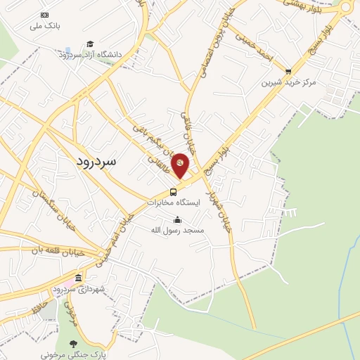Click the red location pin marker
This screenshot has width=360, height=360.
pyautogui.click(x=181, y=165)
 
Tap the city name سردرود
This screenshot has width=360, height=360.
pyautogui.click(x=105, y=160)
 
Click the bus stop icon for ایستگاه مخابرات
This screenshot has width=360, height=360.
pyautogui.click(x=173, y=192)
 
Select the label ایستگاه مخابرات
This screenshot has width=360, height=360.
pyautogui.click(x=174, y=202)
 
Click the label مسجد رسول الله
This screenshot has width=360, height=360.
pyautogui.click(x=178, y=230)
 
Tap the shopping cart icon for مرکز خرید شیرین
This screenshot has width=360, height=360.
pyautogui.click(x=288, y=71)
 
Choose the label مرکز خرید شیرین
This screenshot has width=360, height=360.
pyautogui.click(x=289, y=82)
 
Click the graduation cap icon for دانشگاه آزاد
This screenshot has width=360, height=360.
pyautogui.click(x=90, y=44)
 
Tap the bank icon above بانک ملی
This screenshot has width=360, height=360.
pyautogui.click(x=46, y=15)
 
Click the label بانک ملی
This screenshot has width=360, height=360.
pyautogui.click(x=46, y=26)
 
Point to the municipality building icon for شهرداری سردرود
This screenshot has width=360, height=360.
pyautogui.click(x=78, y=278)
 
